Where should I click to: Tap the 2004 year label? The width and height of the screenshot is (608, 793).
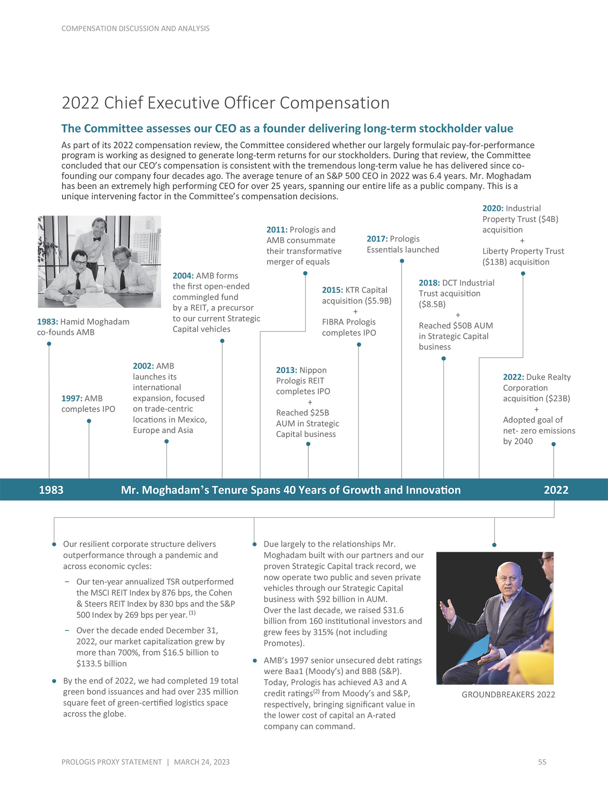tap(183, 276)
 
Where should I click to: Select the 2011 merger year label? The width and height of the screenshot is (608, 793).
tap(277, 230)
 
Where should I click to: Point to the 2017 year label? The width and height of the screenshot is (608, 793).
tap(377, 239)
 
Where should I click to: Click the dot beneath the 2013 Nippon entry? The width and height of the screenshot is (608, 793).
tap(308, 444)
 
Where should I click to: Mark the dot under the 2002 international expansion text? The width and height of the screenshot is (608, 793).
tap(167, 441)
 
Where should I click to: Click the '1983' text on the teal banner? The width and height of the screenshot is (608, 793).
tap(51, 490)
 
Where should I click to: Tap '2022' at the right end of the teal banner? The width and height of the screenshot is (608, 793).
tap(556, 490)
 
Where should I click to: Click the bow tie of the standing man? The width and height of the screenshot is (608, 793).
tap(96, 239)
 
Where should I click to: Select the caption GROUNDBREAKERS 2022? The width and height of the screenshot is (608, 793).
tap(508, 694)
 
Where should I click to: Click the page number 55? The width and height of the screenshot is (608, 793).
tap(542, 762)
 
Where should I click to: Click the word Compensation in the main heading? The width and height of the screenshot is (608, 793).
tap(334, 103)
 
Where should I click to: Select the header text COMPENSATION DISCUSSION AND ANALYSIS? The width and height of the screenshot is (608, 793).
tap(135, 29)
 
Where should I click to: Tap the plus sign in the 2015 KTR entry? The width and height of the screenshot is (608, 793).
tap(355, 311)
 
